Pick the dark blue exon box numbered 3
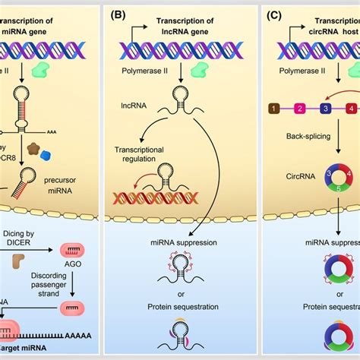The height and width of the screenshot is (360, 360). pyautogui.click(x=325, y=110)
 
